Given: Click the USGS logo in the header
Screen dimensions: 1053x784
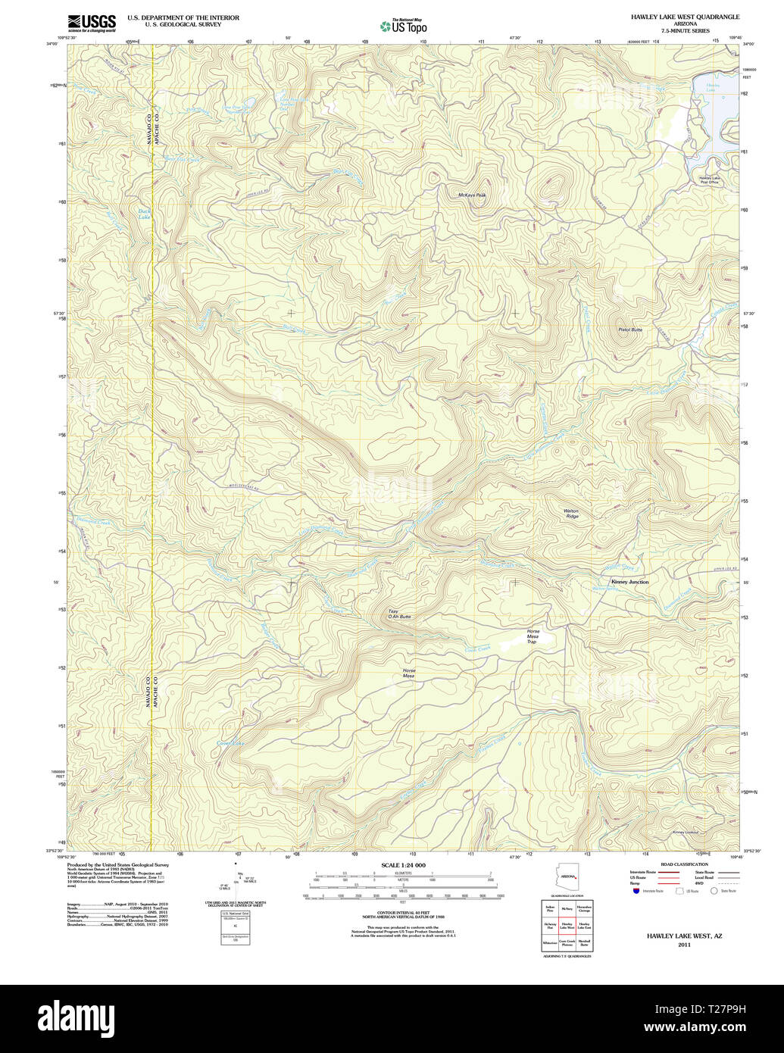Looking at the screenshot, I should pyautogui.click(x=92, y=23).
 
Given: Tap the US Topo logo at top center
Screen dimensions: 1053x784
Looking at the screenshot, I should pyautogui.click(x=403, y=26).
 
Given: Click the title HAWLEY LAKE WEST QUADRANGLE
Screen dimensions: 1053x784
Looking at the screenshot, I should pyautogui.click(x=685, y=17).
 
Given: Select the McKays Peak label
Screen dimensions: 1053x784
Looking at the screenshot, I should pyautogui.click(x=472, y=195).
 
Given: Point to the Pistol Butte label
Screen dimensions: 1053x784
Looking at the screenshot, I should pyautogui.click(x=629, y=330).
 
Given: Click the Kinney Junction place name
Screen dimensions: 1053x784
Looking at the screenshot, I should pyautogui.click(x=629, y=582).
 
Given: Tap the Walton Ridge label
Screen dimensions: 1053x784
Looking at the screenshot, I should pyautogui.click(x=571, y=514).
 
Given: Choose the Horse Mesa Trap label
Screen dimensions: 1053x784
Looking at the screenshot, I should pyautogui.click(x=533, y=636).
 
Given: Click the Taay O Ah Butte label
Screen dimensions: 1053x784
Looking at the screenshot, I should pyautogui.click(x=399, y=614).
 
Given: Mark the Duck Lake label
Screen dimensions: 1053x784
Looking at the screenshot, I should pyautogui.click(x=144, y=214).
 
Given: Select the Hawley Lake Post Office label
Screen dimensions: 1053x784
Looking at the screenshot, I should pyautogui.click(x=710, y=180).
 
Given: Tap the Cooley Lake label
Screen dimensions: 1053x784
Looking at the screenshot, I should pyautogui.click(x=231, y=743).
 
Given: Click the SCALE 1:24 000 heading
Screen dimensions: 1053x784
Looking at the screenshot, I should pyautogui.click(x=403, y=865).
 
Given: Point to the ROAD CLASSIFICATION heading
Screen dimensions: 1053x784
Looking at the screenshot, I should pyautogui.click(x=684, y=864).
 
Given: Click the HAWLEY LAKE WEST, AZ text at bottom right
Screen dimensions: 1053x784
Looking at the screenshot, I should pyautogui.click(x=684, y=936).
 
